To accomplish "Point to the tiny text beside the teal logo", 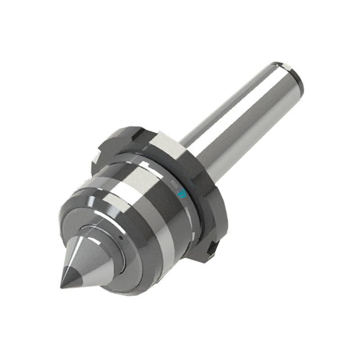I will click(x=174, y=183).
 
